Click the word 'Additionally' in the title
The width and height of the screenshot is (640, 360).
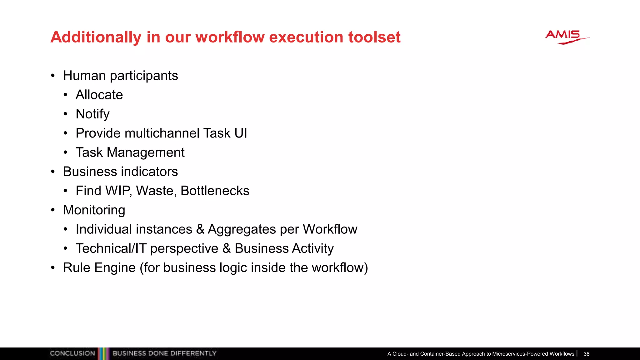click(x=96, y=37)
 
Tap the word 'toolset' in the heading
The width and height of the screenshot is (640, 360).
click(x=374, y=37)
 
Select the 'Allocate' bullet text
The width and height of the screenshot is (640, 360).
click(x=99, y=95)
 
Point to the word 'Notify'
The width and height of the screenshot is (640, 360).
click(x=92, y=114)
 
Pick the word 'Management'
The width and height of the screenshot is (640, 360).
click(x=145, y=152)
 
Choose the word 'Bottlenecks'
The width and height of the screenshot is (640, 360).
click(x=215, y=191)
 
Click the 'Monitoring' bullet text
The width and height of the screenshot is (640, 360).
click(x=94, y=210)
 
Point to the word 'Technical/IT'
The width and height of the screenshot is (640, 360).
click(x=111, y=248)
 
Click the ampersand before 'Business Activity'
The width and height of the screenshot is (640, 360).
click(x=227, y=248)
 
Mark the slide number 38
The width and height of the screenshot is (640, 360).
click(x=586, y=354)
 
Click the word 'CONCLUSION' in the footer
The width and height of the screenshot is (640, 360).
click(x=72, y=353)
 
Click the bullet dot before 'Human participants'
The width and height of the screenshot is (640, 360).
click(x=53, y=76)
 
